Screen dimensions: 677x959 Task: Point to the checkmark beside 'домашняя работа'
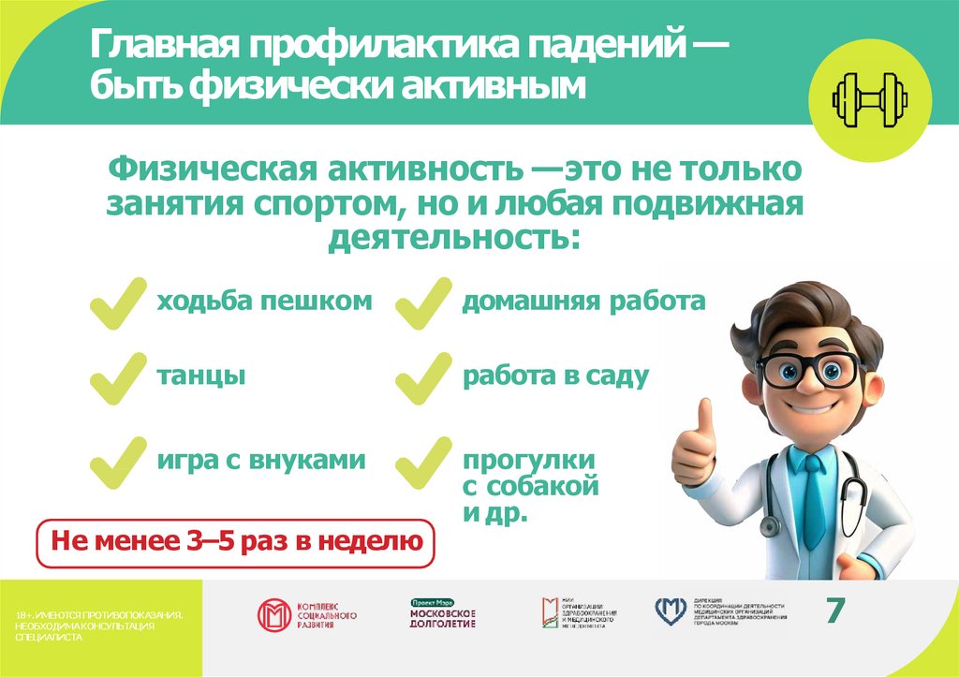(423, 302)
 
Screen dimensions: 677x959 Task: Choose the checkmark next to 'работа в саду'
(423, 377)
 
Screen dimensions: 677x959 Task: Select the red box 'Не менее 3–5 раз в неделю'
(235, 541)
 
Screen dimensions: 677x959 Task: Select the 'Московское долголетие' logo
(443, 614)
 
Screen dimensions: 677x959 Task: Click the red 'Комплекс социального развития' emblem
(274, 615)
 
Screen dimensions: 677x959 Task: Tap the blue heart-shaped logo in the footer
(671, 611)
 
